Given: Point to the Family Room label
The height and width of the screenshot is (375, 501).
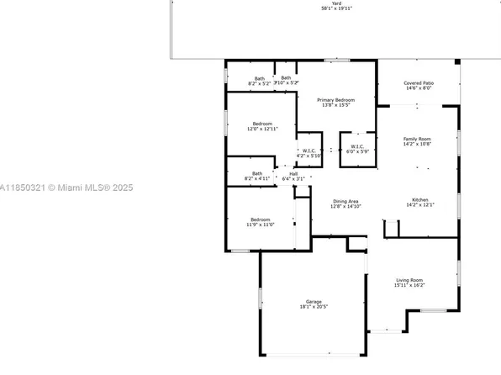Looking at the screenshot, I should (x=417, y=139).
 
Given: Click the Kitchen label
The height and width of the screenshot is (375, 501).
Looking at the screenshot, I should (x=418, y=200).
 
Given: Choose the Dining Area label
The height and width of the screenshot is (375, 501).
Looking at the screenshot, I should (x=346, y=201).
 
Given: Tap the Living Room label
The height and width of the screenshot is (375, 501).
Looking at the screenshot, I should (x=409, y=280).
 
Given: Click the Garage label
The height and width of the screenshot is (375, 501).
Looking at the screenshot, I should (x=314, y=302).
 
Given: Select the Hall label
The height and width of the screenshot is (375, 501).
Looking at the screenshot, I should (x=293, y=174).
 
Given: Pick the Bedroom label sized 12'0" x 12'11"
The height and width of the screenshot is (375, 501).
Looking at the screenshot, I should (x=262, y=124).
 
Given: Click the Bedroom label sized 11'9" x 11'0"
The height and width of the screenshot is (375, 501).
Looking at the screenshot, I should (x=261, y=219).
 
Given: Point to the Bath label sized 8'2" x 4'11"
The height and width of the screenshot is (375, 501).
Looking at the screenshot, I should (x=256, y=174).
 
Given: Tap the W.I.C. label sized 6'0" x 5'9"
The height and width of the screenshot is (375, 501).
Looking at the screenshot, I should (x=357, y=145).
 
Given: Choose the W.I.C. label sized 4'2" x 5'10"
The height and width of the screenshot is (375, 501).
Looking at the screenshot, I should (x=309, y=151).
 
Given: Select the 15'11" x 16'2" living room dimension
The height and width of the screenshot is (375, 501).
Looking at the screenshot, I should (x=409, y=286).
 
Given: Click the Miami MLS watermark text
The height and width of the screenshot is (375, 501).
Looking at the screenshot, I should (x=51, y=188).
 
